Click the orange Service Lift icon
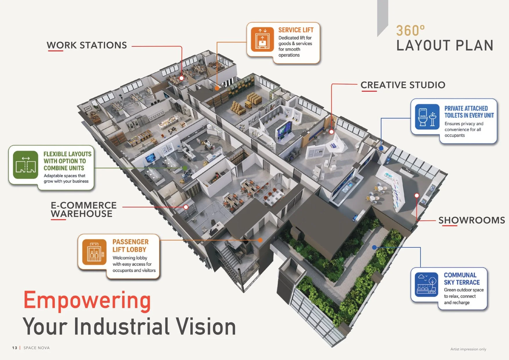coord(262,39)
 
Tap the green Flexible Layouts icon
coord(26,165)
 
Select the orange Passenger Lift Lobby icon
coord(94,252)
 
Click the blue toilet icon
coord(427,117)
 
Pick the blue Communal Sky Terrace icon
coord(426,285)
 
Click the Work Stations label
coord(87,45)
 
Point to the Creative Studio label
coord(403,85)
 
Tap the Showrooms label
coord(472,220)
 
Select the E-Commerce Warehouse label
coord(84,209)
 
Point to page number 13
coord(15,348)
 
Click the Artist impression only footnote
coord(468,349)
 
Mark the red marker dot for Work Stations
coord(181,78)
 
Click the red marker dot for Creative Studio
coord(331,132)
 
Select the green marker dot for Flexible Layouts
coord(185,168)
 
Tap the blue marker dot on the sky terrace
coord(374,247)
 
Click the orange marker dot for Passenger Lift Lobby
coord(260,240)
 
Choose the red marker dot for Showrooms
coord(417,195)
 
